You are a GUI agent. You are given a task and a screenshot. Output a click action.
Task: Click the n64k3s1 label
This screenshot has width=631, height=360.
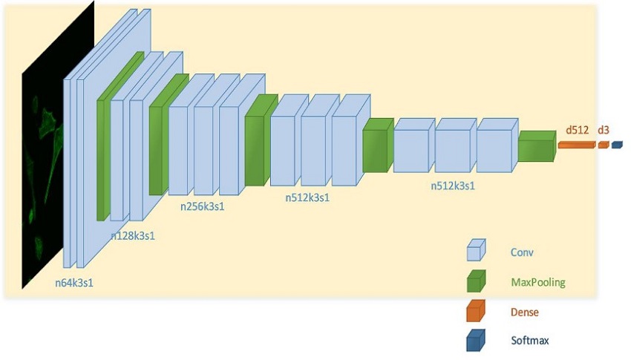click(x=74, y=283)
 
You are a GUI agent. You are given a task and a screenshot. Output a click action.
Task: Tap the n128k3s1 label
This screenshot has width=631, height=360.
click(x=133, y=236)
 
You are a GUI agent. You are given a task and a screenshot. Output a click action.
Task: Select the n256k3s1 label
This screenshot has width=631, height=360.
click(x=202, y=206)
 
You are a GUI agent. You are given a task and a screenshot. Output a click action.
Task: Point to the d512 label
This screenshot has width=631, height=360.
click(x=577, y=130)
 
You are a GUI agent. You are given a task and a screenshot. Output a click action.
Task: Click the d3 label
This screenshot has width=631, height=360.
click(x=604, y=130)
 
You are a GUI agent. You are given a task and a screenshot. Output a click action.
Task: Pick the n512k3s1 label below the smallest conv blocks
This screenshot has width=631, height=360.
click(x=453, y=186)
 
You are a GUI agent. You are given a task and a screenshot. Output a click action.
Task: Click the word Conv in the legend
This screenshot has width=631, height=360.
click(x=522, y=252)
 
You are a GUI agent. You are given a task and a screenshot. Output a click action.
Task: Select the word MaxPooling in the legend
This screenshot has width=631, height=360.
click(x=538, y=282)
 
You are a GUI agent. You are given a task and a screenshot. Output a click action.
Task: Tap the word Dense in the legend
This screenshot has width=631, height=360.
click(x=524, y=312)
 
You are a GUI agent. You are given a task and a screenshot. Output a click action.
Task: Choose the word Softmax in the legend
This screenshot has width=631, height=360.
click(x=529, y=341)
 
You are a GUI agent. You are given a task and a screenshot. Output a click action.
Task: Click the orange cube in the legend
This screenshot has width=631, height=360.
click(x=476, y=310)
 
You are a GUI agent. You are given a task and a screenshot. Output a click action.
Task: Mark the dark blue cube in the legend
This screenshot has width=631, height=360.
click(x=476, y=340)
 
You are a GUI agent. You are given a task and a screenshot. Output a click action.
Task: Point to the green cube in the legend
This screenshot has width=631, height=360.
click(x=476, y=281)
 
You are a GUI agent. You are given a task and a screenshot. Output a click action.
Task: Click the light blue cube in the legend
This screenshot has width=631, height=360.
click(x=476, y=250)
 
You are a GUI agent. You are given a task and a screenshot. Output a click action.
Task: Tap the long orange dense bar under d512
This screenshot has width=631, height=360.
click(x=576, y=145)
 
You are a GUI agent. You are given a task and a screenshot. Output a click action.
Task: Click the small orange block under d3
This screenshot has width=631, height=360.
click(x=604, y=145)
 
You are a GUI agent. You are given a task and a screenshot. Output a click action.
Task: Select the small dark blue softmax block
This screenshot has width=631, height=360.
click(x=617, y=145)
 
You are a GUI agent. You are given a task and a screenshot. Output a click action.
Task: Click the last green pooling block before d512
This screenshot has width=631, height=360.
click(x=537, y=146)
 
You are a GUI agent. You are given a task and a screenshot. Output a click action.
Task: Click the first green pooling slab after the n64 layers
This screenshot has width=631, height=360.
click(x=120, y=136)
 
